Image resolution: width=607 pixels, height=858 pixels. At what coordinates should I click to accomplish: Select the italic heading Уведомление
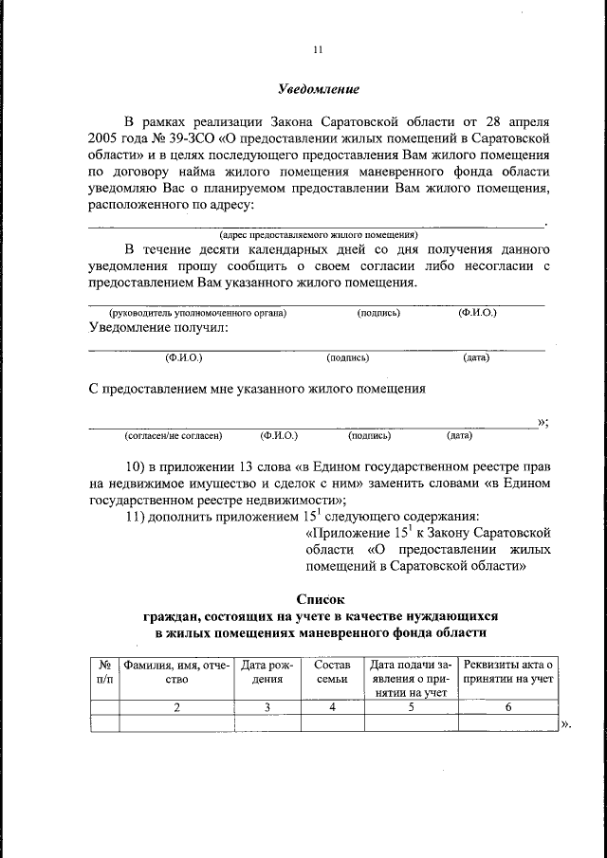[318, 90]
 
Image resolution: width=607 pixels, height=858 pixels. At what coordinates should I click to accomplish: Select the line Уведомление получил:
[158, 328]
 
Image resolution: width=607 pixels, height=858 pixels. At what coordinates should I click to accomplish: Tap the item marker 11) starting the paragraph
[138, 517]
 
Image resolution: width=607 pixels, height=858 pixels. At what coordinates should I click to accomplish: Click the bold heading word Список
[316, 599]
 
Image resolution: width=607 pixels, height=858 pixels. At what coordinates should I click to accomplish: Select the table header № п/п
[103, 672]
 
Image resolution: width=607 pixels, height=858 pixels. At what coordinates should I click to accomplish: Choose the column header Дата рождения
[267, 672]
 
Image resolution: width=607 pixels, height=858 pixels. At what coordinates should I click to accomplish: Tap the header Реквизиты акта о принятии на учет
[507, 672]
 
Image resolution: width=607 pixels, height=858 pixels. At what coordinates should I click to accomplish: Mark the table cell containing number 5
[411, 707]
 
